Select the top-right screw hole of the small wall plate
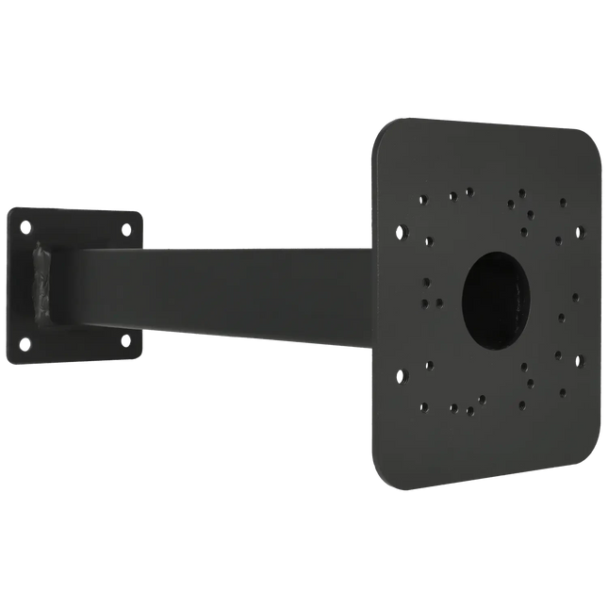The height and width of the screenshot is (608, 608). pyautogui.click(x=124, y=227)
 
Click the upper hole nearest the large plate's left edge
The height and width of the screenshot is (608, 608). pyautogui.click(x=403, y=229)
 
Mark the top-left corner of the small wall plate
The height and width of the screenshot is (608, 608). pyautogui.click(x=10, y=209)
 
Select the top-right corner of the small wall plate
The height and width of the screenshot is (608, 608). pyautogui.click(x=142, y=212)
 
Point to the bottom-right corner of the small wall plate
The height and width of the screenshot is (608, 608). pyautogui.click(x=142, y=356)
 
